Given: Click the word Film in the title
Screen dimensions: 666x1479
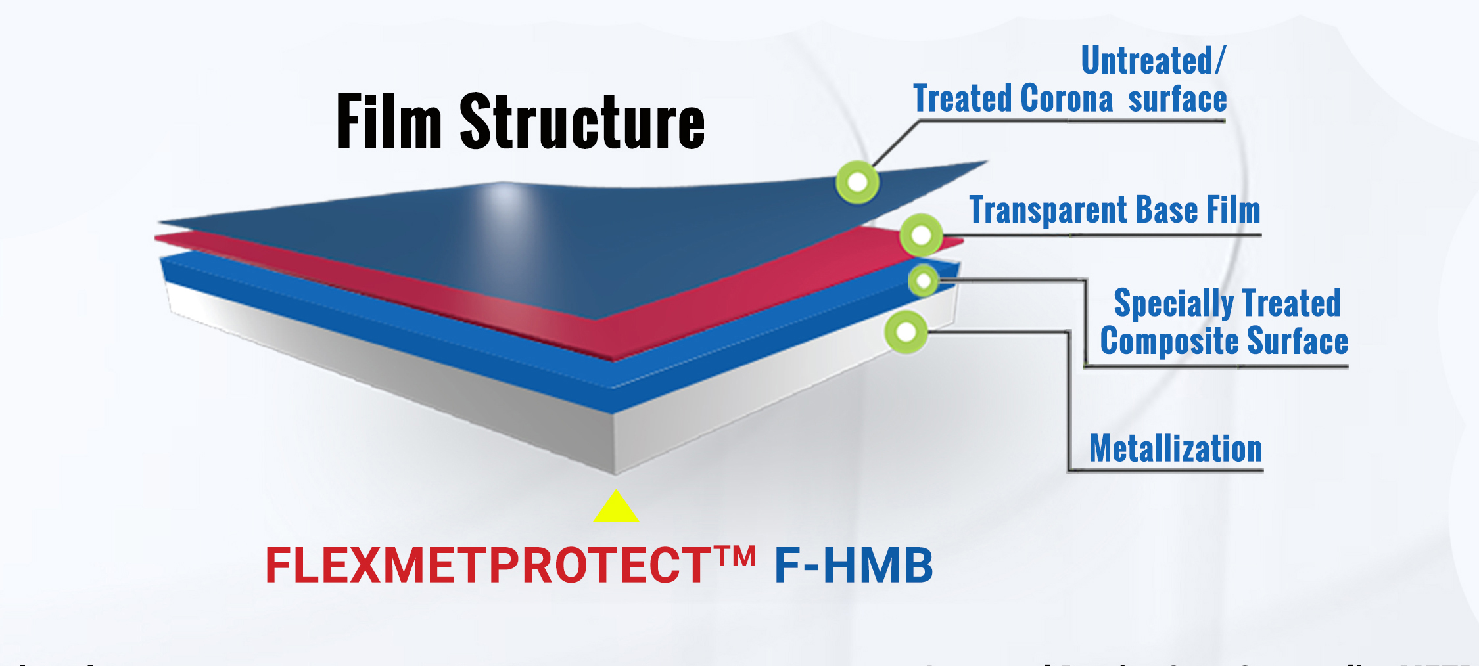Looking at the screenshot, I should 388,122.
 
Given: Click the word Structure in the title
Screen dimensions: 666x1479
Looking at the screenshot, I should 582,122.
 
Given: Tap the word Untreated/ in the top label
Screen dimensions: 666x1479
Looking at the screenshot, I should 1153,61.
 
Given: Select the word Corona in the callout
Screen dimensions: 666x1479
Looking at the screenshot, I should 1067,99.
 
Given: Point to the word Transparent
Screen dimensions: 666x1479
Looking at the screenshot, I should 1048,211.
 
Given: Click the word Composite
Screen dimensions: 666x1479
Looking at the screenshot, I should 1169,342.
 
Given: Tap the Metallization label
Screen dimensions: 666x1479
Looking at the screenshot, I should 1175,449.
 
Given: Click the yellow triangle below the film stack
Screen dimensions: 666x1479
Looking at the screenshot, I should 616,508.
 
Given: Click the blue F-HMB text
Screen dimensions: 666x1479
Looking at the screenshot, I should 853,566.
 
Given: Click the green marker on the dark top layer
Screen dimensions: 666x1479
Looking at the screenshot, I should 857,182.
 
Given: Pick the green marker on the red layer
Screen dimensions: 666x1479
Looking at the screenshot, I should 921,235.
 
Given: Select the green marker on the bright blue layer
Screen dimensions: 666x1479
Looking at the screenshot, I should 924,281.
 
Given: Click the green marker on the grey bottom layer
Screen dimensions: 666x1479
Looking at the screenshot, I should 906,332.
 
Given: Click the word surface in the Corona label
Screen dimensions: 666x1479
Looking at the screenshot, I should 1177,99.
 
